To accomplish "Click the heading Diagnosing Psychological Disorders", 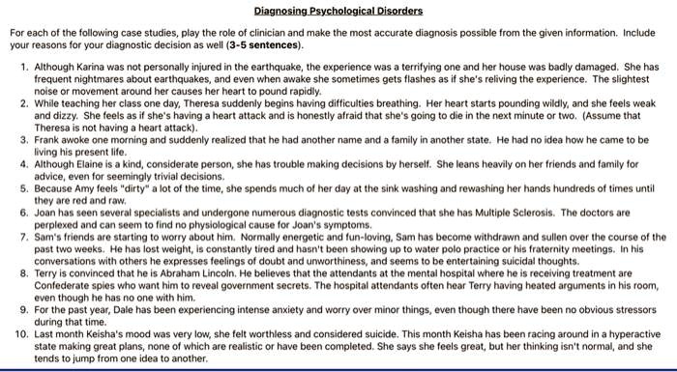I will tap(338, 12).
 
